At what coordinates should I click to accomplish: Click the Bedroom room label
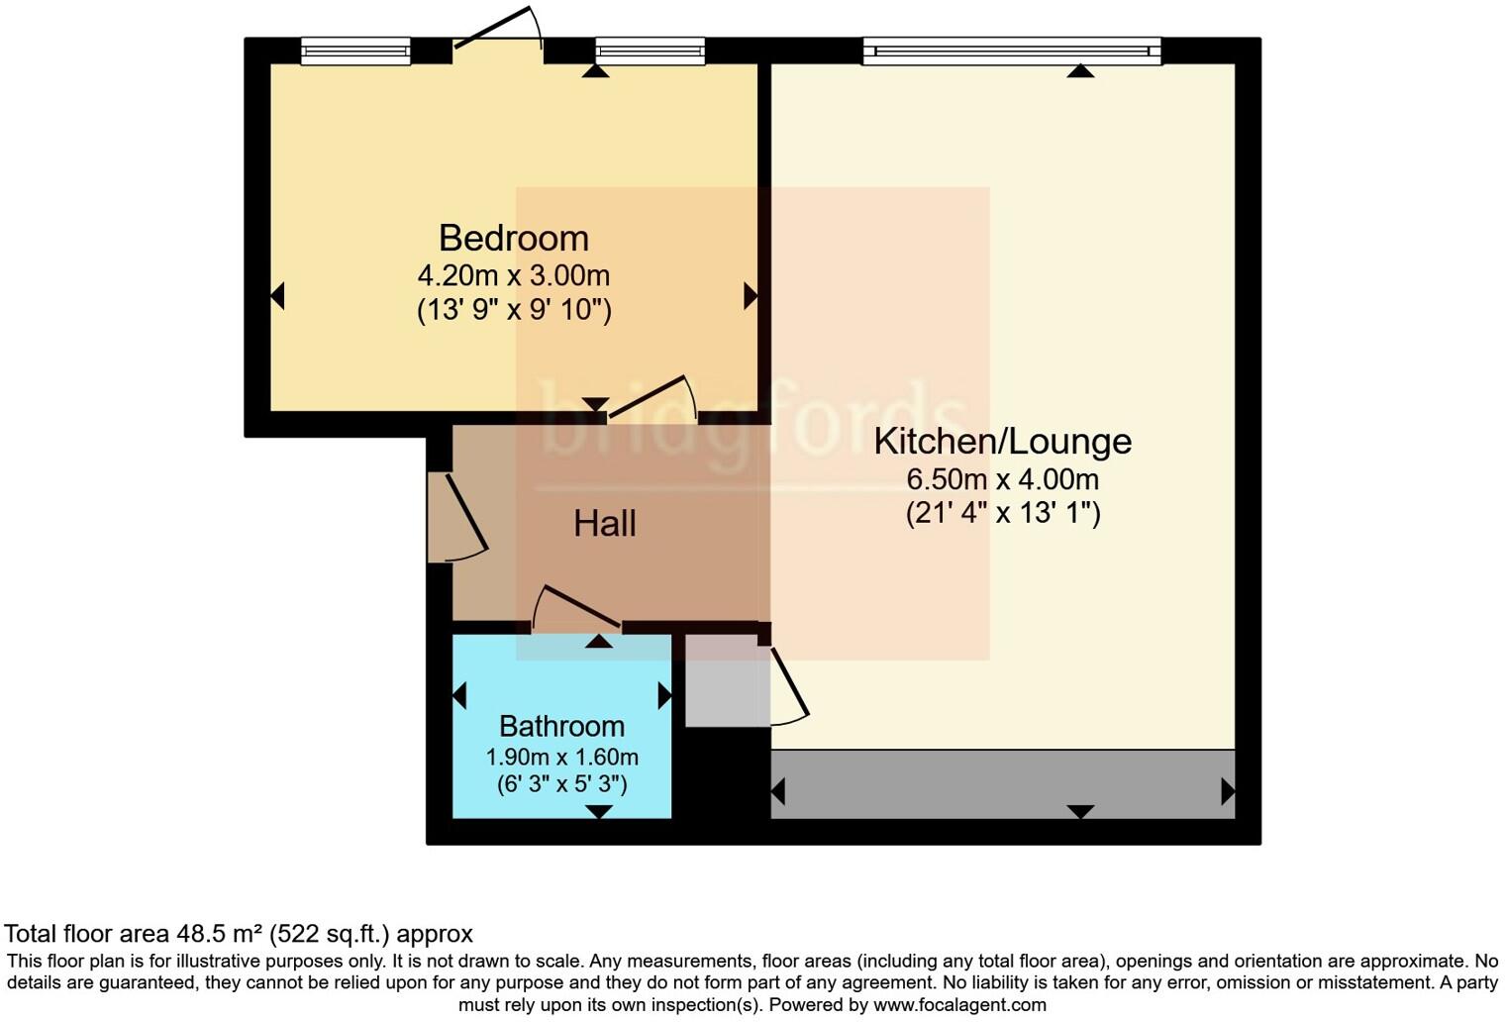pyautogui.click(x=513, y=238)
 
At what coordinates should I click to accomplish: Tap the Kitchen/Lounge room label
pyautogui.click(x=1002, y=441)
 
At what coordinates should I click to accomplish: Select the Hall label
pyautogui.click(x=604, y=523)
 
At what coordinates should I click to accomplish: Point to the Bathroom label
pyautogui.click(x=561, y=726)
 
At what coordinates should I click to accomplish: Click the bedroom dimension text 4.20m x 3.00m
pyautogui.click(x=513, y=274)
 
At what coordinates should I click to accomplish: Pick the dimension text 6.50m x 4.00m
pyautogui.click(x=1002, y=479)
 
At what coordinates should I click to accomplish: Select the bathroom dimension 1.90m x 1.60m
pyautogui.click(x=561, y=758)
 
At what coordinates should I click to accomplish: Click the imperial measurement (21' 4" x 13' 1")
pyautogui.click(x=1002, y=513)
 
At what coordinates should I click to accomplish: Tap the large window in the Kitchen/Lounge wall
pyautogui.click(x=1011, y=50)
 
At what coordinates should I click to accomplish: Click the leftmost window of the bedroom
pyautogui.click(x=355, y=50)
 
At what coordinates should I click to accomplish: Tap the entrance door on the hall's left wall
pyautogui.click(x=459, y=517)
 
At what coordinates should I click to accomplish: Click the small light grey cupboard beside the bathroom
pyautogui.click(x=727, y=680)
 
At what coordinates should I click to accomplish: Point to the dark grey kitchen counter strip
pyautogui.click(x=1002, y=784)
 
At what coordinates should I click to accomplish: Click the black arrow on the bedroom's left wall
pyautogui.click(x=278, y=295)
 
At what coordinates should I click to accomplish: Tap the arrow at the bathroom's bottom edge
pyautogui.click(x=598, y=812)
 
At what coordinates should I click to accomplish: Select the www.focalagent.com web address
pyautogui.click(x=957, y=1005)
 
